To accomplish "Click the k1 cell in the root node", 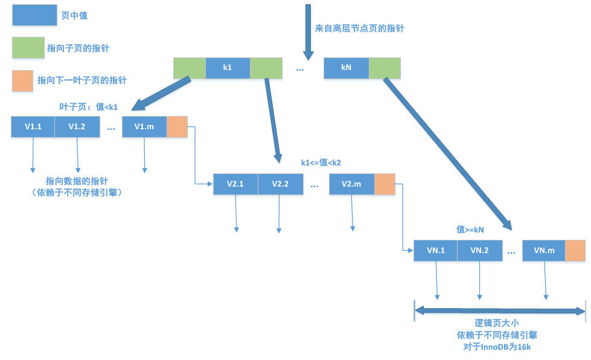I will coord(228,68).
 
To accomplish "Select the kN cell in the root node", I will coord(346,68).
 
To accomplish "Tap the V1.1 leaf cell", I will coord(33,127).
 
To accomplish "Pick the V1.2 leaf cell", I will coord(77,127).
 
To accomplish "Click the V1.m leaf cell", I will coord(144,127).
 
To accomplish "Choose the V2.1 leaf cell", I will coord(235,184).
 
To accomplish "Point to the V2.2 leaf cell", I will coord(280,184).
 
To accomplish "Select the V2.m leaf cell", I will coord(351,184).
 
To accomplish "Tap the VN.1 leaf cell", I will coord(435,250).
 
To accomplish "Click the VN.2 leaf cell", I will coord(479,250).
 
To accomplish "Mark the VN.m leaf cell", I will coord(544,250).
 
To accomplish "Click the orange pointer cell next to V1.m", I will coord(177,127).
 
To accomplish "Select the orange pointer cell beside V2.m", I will coord(385,184).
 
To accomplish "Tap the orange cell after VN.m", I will coord(575,250).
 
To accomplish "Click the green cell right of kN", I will coord(385,68).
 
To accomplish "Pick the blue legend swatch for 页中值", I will coord(34,16).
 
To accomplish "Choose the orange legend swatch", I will coord(22,80).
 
